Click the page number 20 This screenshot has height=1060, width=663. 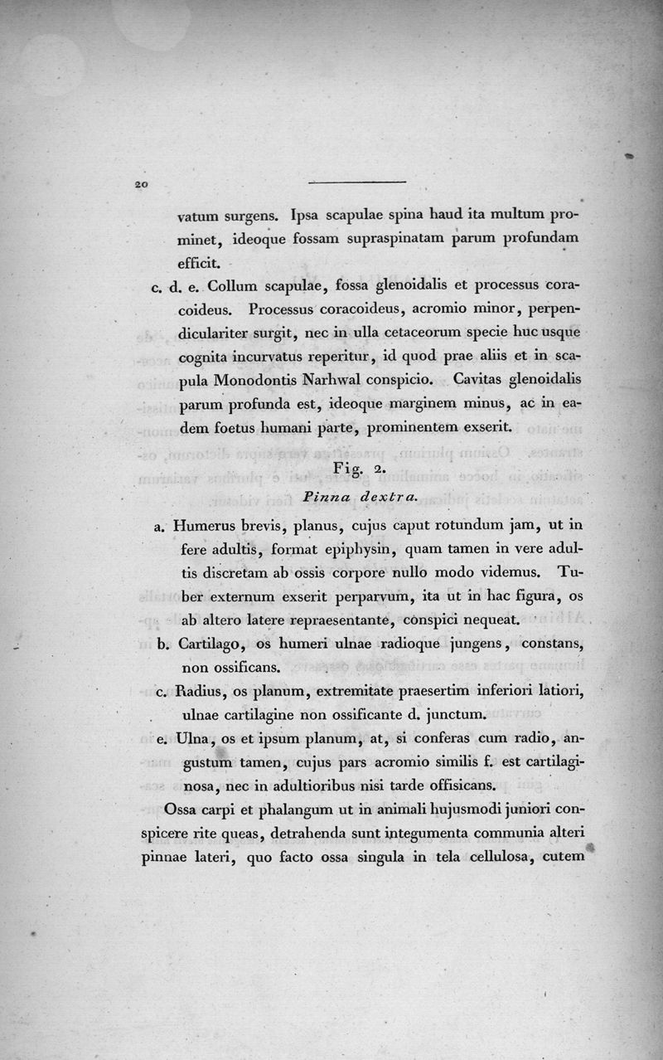pyautogui.click(x=138, y=185)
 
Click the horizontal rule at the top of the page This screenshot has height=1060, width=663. pyautogui.click(x=356, y=182)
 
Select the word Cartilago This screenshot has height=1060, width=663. pyautogui.click(x=208, y=644)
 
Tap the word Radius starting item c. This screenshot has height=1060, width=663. pyautogui.click(x=200, y=691)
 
